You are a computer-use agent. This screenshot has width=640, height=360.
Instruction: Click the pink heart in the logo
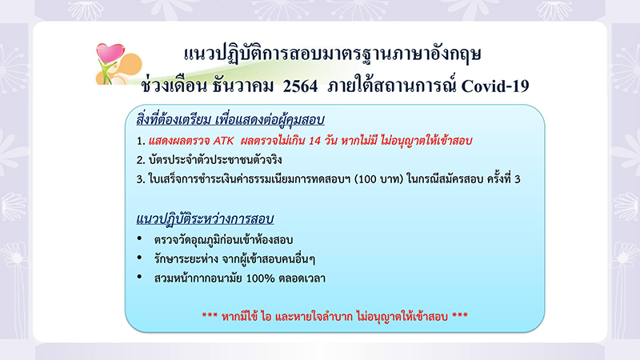tap(110, 53)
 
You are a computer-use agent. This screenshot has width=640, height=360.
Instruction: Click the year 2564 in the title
tap(300, 86)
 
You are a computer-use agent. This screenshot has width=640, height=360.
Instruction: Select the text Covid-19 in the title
tap(495, 86)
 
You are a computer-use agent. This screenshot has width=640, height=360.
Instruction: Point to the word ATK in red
tap(224, 141)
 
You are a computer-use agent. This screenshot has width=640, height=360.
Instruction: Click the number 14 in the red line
tap(314, 141)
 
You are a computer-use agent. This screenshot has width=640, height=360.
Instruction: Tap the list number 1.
tap(141, 142)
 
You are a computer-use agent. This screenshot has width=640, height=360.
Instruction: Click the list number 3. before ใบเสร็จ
tap(141, 179)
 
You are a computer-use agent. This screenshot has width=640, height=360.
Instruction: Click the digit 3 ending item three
tap(518, 179)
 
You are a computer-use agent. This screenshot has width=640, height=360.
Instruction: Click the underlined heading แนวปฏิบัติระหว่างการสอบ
tap(205, 218)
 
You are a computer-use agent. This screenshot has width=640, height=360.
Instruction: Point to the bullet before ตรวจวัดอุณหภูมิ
tap(139, 238)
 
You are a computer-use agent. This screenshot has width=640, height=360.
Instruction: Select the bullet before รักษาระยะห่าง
tap(139, 258)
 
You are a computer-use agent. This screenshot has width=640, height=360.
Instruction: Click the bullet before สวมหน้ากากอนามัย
tap(139, 277)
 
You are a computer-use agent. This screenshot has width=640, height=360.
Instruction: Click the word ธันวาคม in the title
tap(243, 86)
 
